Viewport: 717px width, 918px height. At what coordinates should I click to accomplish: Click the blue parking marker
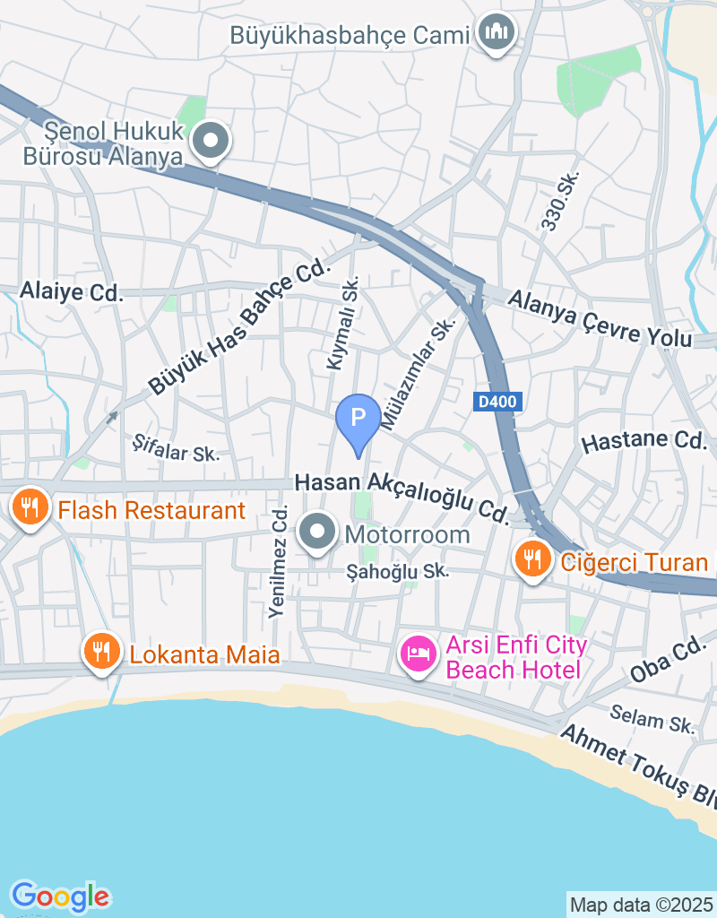[358, 419]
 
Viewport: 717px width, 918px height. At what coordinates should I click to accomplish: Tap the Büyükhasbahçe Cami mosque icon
[495, 33]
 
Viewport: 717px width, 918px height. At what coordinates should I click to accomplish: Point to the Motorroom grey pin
[316, 534]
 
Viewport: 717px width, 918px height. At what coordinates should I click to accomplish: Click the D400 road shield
[497, 403]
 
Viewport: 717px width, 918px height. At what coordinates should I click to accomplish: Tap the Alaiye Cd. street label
[71, 291]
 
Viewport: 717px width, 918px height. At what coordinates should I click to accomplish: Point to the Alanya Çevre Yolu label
[600, 318]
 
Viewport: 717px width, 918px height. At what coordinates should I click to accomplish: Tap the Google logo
[60, 896]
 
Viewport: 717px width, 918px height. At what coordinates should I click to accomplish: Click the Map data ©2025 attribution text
[642, 905]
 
